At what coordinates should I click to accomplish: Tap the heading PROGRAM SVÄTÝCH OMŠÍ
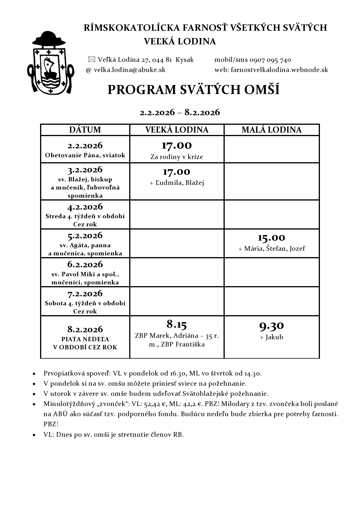193,90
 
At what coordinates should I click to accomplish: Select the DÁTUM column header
85,130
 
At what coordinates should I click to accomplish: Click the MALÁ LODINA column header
271,130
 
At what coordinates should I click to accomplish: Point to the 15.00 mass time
271,238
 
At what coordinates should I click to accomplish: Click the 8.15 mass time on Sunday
177,324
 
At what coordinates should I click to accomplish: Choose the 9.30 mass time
271,326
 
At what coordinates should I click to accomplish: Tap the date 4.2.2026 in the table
85,207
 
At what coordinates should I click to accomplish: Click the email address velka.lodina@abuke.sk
129,70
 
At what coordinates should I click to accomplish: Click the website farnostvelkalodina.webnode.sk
279,70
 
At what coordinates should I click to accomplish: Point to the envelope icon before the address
91,59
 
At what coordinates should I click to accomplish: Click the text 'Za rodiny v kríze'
177,157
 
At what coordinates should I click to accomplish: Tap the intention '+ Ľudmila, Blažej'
177,183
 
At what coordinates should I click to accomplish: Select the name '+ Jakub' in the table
271,337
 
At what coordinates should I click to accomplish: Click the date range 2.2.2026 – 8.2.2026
180,112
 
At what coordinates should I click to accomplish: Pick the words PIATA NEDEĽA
85,339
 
